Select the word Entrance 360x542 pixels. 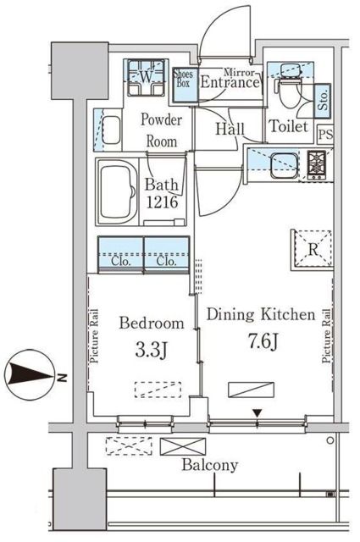(229, 84)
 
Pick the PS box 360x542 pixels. (325, 134)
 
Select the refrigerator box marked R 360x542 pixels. (313, 249)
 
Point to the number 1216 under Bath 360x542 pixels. (160, 203)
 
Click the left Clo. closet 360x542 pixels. (120, 254)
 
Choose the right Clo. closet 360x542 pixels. (166, 254)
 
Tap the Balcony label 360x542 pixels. (209, 465)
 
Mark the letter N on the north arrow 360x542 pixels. (61, 373)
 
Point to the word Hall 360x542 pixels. (230, 128)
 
